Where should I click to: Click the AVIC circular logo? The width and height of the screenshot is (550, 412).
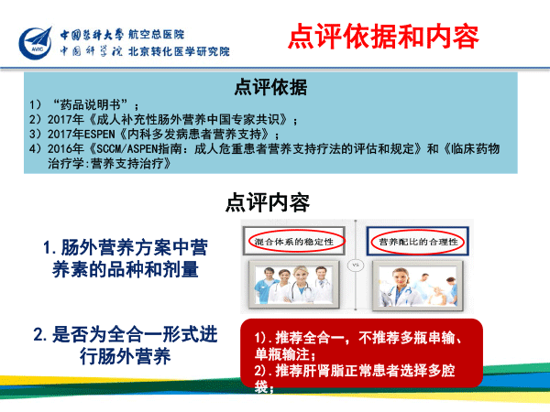(35, 43)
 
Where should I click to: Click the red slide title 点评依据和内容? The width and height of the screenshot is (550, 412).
(383, 36)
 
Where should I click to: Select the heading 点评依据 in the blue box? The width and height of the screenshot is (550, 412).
(270, 87)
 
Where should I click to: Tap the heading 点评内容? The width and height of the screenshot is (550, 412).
(268, 202)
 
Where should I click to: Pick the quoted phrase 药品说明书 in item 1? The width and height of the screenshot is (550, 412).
(91, 104)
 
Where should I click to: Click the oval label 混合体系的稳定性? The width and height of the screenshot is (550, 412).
(294, 242)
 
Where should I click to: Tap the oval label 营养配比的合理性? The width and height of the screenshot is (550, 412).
(418, 242)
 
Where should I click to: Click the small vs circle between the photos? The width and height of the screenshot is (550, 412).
(356, 266)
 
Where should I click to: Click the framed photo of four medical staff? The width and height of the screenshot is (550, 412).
(294, 285)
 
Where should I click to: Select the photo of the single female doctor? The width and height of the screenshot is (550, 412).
(418, 286)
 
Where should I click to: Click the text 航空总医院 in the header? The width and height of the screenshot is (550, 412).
(156, 35)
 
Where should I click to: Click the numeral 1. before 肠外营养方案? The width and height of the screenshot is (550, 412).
(49, 248)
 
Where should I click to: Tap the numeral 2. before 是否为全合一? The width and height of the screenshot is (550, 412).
(40, 334)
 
